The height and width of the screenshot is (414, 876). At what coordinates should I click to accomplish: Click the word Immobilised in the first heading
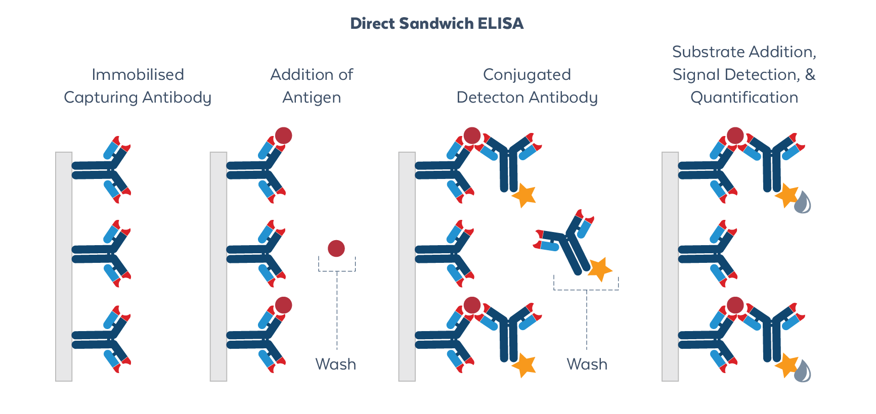(138, 75)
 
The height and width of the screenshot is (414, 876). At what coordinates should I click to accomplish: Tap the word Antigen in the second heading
(312, 97)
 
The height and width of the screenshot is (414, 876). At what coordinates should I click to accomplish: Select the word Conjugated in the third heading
(527, 75)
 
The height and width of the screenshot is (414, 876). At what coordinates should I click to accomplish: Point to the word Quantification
(744, 97)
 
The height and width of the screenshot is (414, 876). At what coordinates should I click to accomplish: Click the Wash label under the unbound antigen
(335, 364)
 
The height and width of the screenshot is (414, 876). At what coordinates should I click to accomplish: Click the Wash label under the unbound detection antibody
(587, 364)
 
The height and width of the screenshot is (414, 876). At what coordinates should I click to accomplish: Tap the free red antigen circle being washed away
(336, 248)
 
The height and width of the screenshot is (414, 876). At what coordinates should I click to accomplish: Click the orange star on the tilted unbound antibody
(600, 269)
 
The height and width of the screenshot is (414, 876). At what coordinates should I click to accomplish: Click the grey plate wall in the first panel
(64, 266)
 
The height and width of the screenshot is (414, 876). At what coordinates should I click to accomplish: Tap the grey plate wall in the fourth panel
(670, 266)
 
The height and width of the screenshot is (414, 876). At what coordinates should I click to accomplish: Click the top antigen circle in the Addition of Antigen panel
(284, 135)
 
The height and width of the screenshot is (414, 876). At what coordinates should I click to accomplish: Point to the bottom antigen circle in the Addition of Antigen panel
(284, 305)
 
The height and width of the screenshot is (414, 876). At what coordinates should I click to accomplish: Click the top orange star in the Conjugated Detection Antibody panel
(524, 195)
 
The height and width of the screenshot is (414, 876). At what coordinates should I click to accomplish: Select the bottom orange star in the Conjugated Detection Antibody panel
(524, 365)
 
